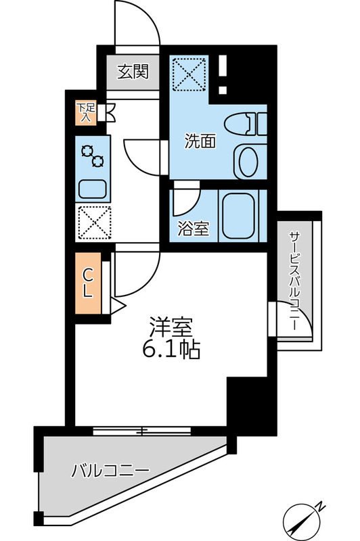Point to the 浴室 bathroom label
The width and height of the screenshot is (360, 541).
[x=193, y=228]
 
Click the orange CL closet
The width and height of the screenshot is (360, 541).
[x=88, y=283]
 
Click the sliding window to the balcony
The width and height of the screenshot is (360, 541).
[x=143, y=429]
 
